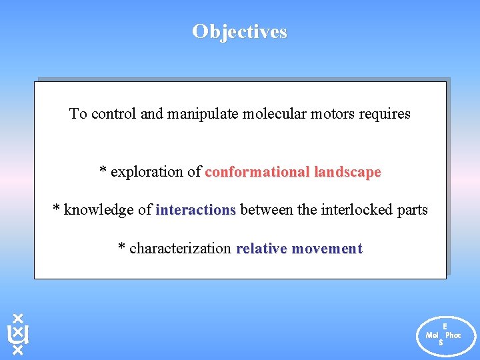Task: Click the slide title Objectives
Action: pos(239,31)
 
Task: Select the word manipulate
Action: pos(202,114)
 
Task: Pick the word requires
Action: pos(385,114)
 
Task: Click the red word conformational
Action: pos(257,172)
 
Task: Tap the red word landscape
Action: pos(347,172)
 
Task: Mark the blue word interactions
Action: pos(195,211)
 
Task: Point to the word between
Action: pos(267,211)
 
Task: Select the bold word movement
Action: pos(327,249)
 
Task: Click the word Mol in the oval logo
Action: pos(432,335)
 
